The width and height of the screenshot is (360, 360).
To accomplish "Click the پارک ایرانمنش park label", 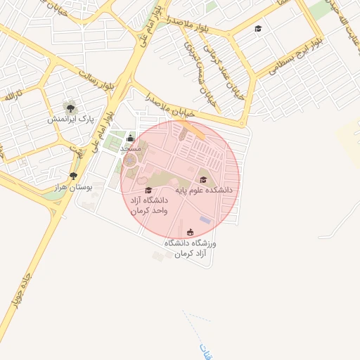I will coord(70,119).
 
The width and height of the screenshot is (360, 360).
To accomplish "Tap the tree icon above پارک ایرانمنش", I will coord(70,107).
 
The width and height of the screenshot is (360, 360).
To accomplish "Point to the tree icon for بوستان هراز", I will coord(73,176).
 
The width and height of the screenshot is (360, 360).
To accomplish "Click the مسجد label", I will coord(131,149).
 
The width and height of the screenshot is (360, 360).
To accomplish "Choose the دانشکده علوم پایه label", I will coord(199,190).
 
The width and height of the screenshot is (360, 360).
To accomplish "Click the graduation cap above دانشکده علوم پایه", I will coord(203,180).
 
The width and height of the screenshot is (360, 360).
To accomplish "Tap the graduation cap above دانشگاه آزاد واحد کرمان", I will coord(148,190).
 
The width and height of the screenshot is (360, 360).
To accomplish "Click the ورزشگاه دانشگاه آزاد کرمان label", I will coord(190,247).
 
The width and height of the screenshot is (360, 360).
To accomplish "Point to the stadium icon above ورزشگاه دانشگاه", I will coord(190,232).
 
